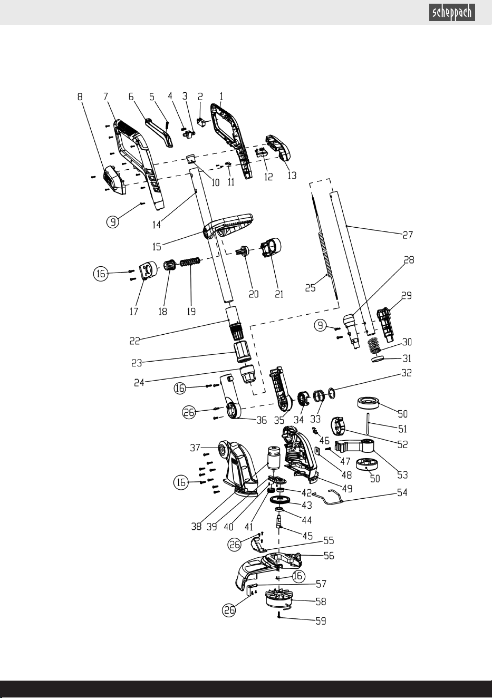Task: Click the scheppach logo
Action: [452, 13]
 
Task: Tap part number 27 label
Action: [408, 235]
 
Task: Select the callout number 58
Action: [321, 602]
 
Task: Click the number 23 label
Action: [137, 363]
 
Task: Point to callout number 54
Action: [402, 492]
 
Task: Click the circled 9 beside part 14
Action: [113, 221]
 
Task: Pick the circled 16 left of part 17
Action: [101, 274]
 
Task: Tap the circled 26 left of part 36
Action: [189, 412]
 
